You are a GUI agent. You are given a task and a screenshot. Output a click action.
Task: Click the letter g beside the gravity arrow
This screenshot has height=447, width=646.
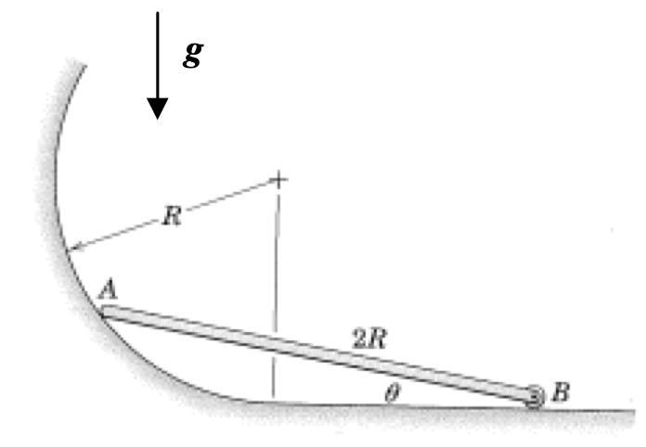(x=193, y=55)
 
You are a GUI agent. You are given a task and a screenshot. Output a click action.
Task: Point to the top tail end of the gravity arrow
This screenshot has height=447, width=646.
(x=158, y=14)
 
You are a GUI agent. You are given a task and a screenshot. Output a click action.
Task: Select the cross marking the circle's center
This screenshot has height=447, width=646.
(x=276, y=179)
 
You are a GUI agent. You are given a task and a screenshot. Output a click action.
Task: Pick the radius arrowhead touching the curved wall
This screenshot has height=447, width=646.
(x=73, y=248)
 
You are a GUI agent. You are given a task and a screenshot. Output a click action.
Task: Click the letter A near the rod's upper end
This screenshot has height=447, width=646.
(x=109, y=290)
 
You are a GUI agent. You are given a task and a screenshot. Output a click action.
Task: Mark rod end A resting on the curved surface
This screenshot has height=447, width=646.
(x=106, y=313)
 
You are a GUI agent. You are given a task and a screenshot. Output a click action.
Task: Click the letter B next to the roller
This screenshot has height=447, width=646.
(x=561, y=393)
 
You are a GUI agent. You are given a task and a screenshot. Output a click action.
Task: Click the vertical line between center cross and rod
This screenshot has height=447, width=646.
(x=276, y=260)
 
